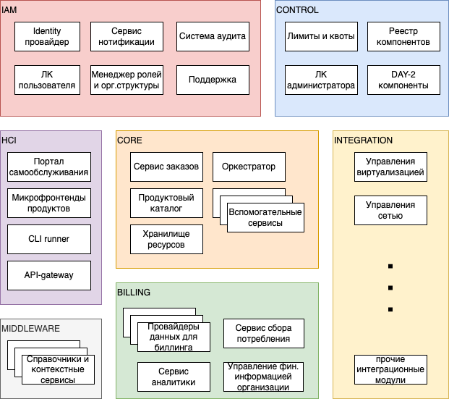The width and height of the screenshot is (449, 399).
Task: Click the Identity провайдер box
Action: point(51,36)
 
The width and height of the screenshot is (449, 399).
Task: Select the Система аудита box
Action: point(213,36)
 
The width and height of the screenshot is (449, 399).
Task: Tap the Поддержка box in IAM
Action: point(213,80)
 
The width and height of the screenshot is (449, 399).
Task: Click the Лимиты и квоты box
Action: point(320,36)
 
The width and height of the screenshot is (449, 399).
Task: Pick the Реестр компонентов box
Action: point(403,36)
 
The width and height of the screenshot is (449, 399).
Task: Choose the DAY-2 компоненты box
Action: point(403,80)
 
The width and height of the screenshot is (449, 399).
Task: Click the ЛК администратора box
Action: point(320,80)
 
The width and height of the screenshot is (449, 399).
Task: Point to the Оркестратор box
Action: point(249,167)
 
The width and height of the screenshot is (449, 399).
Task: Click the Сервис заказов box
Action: point(166,167)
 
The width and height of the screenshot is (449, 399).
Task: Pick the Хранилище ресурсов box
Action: point(166,240)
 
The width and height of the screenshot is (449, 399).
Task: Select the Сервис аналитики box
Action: point(174,377)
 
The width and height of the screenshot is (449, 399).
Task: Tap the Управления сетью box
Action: point(390,211)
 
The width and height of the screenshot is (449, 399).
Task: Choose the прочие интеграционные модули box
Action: point(390,369)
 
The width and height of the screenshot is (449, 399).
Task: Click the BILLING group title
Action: point(134,293)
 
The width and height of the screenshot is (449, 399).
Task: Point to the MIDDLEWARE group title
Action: point(30,329)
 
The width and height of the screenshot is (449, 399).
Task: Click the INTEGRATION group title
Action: point(363,140)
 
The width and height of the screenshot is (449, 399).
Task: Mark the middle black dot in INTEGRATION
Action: point(390,287)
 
